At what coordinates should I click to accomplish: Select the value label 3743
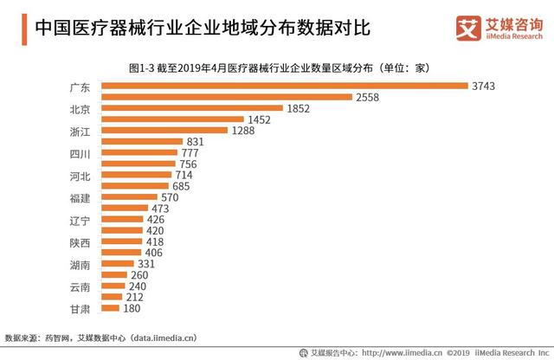pyautogui.click(x=483, y=86)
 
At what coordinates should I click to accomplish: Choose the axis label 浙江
pyautogui.click(x=80, y=131)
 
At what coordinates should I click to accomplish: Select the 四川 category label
pyautogui.click(x=80, y=153)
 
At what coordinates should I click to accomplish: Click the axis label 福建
pyautogui.click(x=80, y=197)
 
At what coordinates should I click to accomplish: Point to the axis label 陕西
pyautogui.click(x=80, y=242)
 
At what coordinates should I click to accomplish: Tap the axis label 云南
pyautogui.click(x=80, y=286)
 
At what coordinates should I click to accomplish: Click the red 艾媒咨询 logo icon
pyautogui.click(x=467, y=27)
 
